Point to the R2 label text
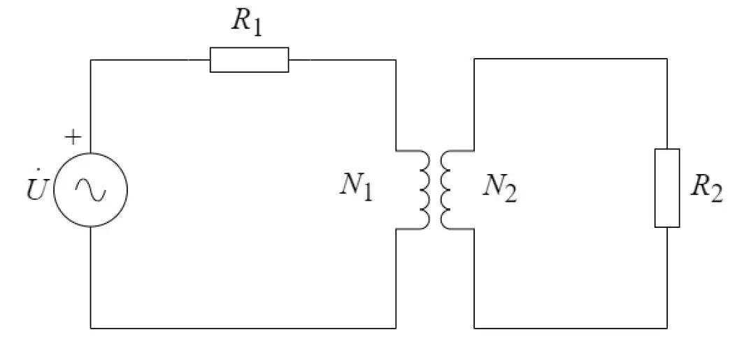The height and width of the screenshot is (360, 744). (706, 187)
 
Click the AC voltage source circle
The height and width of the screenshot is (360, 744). (91, 152)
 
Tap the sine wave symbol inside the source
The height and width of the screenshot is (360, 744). (91, 189)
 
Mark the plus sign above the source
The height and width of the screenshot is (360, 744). (73, 137)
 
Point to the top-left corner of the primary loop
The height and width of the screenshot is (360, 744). (91, 59)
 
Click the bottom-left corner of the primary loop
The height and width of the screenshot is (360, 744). (91, 328)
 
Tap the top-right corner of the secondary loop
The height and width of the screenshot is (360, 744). (667, 59)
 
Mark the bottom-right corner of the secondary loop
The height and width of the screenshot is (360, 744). (667, 328)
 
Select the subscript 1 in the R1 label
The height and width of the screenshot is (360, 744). (256, 27)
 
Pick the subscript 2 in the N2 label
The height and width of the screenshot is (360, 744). (510, 194)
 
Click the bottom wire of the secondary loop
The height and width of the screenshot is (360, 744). (571, 328)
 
